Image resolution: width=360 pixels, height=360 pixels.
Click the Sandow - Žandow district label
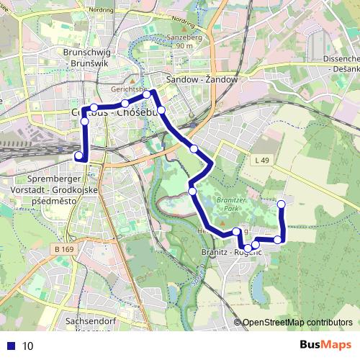point(201,79)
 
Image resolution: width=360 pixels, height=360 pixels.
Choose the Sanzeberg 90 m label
point(184,40)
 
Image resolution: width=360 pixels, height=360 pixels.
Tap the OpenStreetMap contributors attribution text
point(297,322)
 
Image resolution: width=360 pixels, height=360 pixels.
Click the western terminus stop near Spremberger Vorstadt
point(78,156)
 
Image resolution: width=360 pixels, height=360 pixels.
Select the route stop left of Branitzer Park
point(192,191)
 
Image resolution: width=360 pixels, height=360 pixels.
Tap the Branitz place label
point(219,253)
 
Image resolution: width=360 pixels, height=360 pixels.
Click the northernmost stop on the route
point(147,94)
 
